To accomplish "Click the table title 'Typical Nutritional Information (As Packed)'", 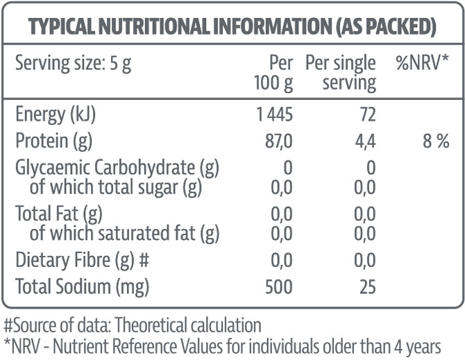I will click(x=232, y=26).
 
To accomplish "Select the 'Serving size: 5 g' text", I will click(x=73, y=65).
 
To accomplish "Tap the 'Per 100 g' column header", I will click(x=275, y=74).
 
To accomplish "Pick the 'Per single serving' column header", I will click(x=340, y=74).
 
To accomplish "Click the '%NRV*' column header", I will click(x=422, y=64).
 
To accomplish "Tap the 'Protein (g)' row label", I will click(x=53, y=142).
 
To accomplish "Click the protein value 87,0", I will click(x=278, y=142).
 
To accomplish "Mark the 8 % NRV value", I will click(x=434, y=142).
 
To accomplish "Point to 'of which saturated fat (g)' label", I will click(x=124, y=233).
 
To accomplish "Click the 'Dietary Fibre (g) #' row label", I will click(x=83, y=260).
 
